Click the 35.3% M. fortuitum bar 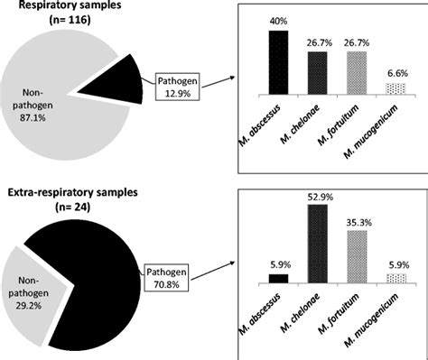pyautogui.click(x=356, y=256)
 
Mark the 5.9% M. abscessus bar pyautogui.click(x=278, y=278)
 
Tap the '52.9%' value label pyautogui.click(x=318, y=197)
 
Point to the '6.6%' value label pyautogui.click(x=395, y=72)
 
